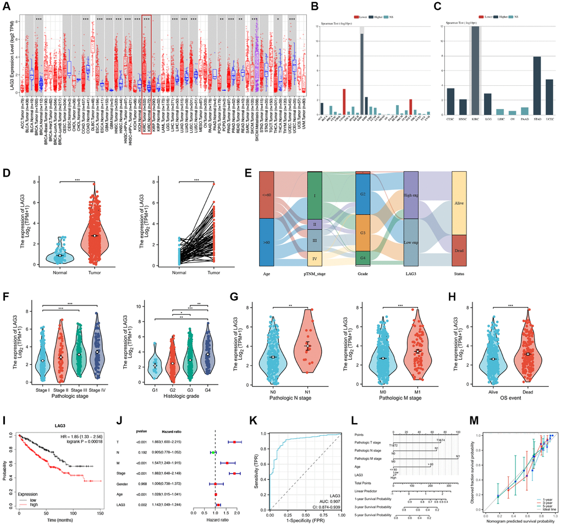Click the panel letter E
coord(248,172)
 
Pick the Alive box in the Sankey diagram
coord(459,202)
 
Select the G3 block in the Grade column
coord(362,233)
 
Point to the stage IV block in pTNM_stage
coord(315,259)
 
